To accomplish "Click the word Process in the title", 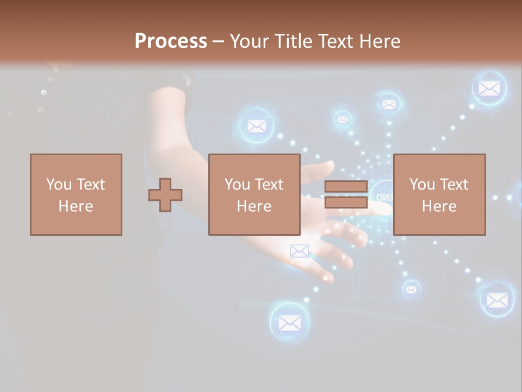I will point(171,41).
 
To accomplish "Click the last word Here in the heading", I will point(379,41).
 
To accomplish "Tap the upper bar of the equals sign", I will point(346,186).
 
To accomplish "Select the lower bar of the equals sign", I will point(346,202).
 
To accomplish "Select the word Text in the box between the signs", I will point(268,185).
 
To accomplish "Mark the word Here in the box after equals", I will point(439,206).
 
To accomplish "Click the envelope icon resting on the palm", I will point(299,251).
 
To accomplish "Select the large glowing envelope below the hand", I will point(289,323).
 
